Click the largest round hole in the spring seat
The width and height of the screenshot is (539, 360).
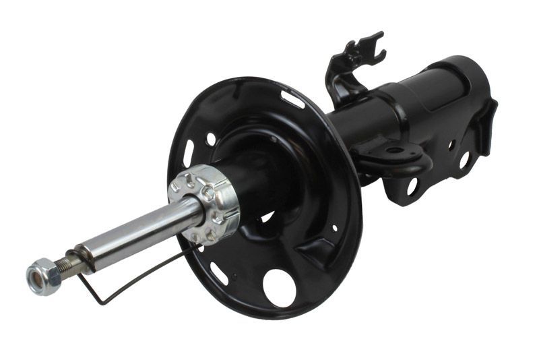point(279,287)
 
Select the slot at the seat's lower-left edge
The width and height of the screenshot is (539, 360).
point(219,274)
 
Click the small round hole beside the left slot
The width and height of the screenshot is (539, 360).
point(211,140)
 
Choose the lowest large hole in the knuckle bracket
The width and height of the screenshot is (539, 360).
point(412,186)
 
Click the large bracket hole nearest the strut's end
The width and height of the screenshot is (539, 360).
point(464,160)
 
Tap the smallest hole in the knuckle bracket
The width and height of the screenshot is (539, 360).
point(449,145)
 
